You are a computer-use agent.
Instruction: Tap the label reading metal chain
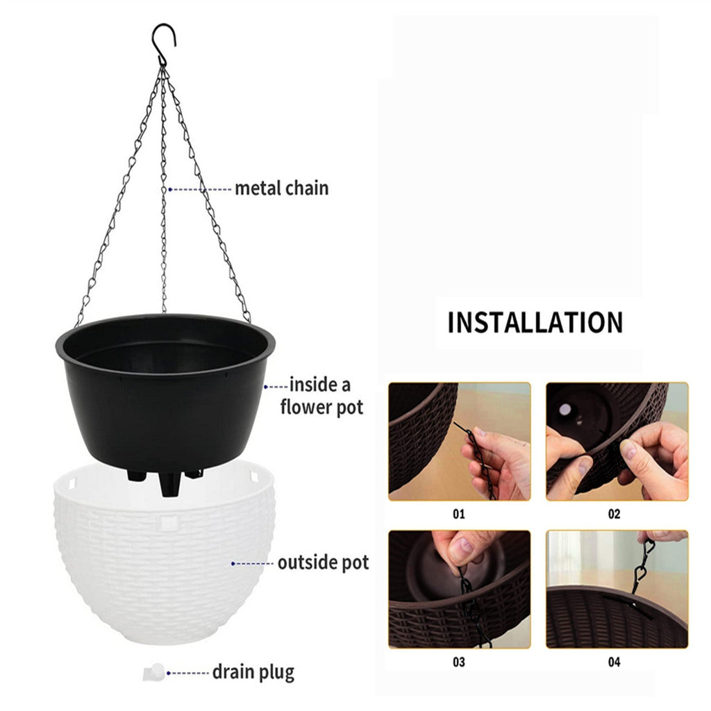[282, 188]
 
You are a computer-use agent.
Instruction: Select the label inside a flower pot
[321, 396]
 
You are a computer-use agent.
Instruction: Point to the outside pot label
[324, 562]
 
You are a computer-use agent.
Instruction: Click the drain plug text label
[253, 672]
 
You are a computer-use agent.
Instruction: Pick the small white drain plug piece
[153, 672]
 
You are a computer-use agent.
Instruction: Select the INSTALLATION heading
[535, 322]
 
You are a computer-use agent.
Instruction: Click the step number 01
[459, 514]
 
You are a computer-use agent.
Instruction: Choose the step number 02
[614, 514]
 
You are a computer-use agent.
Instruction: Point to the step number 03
[459, 662]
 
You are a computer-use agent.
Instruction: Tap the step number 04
[614, 662]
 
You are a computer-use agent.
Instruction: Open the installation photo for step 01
[460, 442]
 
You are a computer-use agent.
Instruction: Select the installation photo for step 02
[617, 442]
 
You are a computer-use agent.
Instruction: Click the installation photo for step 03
[460, 589]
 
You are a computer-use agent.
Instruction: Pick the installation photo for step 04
[617, 589]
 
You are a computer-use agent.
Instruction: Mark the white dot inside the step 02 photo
[565, 410]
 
